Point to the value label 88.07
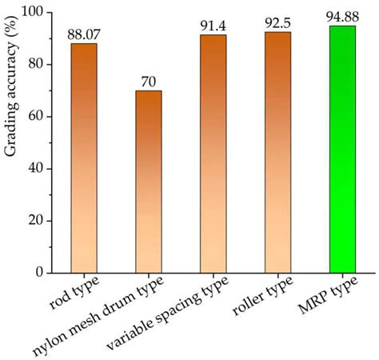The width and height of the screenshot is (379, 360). [83, 35]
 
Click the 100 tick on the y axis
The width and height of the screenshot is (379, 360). [34, 13]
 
